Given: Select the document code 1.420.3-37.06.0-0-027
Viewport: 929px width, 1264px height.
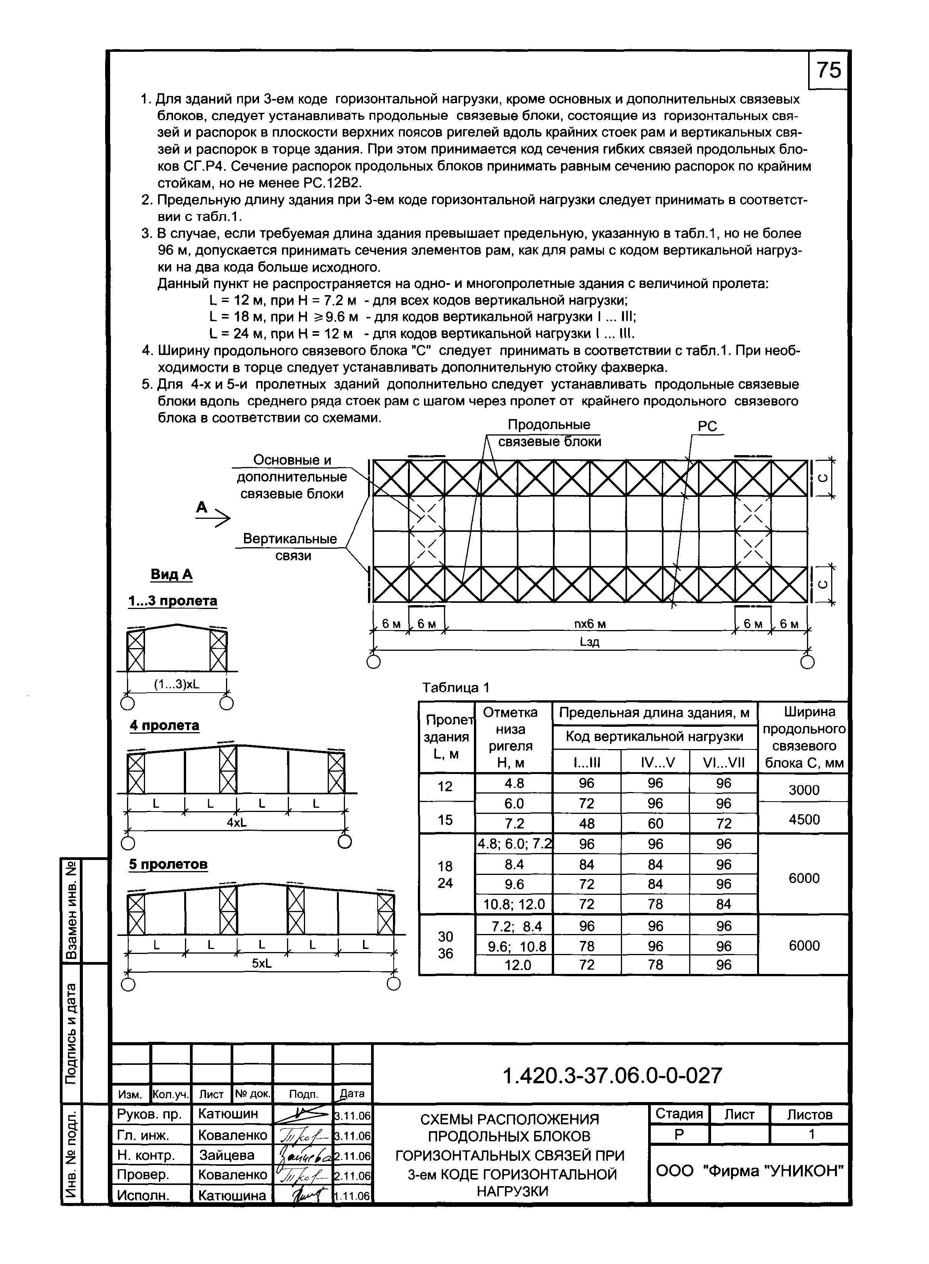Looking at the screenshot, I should click(x=612, y=1076).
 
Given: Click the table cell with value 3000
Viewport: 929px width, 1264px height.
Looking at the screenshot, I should click(x=804, y=790).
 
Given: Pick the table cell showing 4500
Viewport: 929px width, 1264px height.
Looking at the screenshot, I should click(x=804, y=819).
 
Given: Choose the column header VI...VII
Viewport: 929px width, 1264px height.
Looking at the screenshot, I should click(x=724, y=762).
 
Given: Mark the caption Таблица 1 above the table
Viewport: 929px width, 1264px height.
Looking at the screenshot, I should click(x=456, y=687).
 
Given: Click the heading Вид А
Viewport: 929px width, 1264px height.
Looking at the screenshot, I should click(x=172, y=574).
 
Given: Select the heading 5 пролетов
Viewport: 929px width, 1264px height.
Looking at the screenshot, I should click(x=168, y=864).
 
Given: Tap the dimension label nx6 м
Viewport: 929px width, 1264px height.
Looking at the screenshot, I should click(x=589, y=624).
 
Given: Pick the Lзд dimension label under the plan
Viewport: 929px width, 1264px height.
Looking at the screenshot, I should click(x=589, y=642).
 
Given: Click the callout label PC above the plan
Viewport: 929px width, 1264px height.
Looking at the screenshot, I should click(x=708, y=427).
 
